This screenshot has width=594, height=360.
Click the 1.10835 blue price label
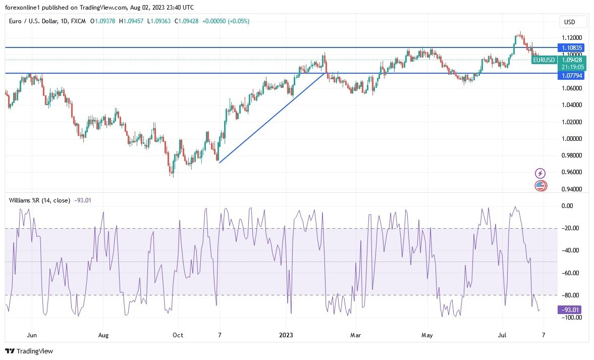click(572, 47)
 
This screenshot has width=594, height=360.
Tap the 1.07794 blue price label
click(572, 76)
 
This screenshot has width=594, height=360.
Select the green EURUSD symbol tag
click(544, 60)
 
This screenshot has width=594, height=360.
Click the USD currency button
click(573, 22)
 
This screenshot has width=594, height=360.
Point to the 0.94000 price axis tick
click(572, 189)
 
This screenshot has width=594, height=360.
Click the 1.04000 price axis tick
click(572, 105)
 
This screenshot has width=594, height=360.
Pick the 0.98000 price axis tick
click(572, 156)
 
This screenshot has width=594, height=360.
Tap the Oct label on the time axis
click(178, 335)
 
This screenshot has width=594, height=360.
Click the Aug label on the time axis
click(103, 335)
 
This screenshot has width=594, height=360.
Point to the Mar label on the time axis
click(355, 335)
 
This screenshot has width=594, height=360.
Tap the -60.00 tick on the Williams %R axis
click(571, 273)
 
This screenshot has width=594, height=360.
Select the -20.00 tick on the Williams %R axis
click(571, 228)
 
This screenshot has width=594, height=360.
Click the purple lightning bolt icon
click(540, 174)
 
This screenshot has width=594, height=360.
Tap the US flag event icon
click(540, 186)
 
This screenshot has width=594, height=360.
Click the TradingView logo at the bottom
click(29, 351)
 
